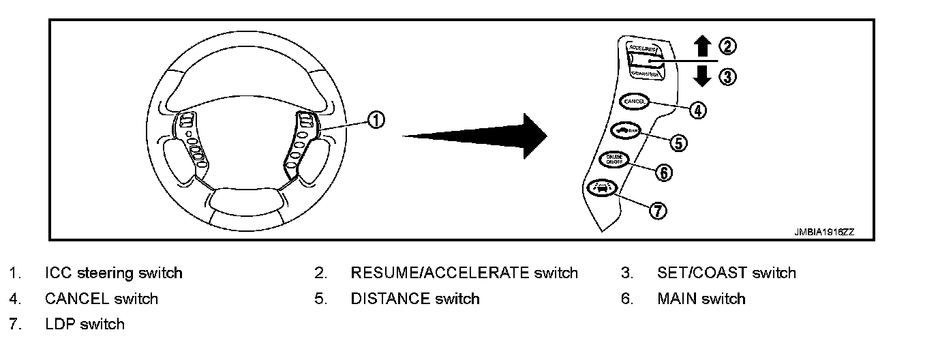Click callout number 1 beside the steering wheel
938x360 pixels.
point(375,120)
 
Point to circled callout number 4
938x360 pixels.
point(697,109)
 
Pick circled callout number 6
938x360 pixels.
point(663,172)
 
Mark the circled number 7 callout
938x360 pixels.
point(656,211)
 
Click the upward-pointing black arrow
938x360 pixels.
point(702,47)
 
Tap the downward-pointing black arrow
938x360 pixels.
point(702,76)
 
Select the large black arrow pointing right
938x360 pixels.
point(477,136)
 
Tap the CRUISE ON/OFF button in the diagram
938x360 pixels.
point(611,159)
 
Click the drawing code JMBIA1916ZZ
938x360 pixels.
point(823,232)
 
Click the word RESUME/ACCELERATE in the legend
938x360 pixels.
point(440,273)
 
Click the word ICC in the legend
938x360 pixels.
point(58,273)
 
